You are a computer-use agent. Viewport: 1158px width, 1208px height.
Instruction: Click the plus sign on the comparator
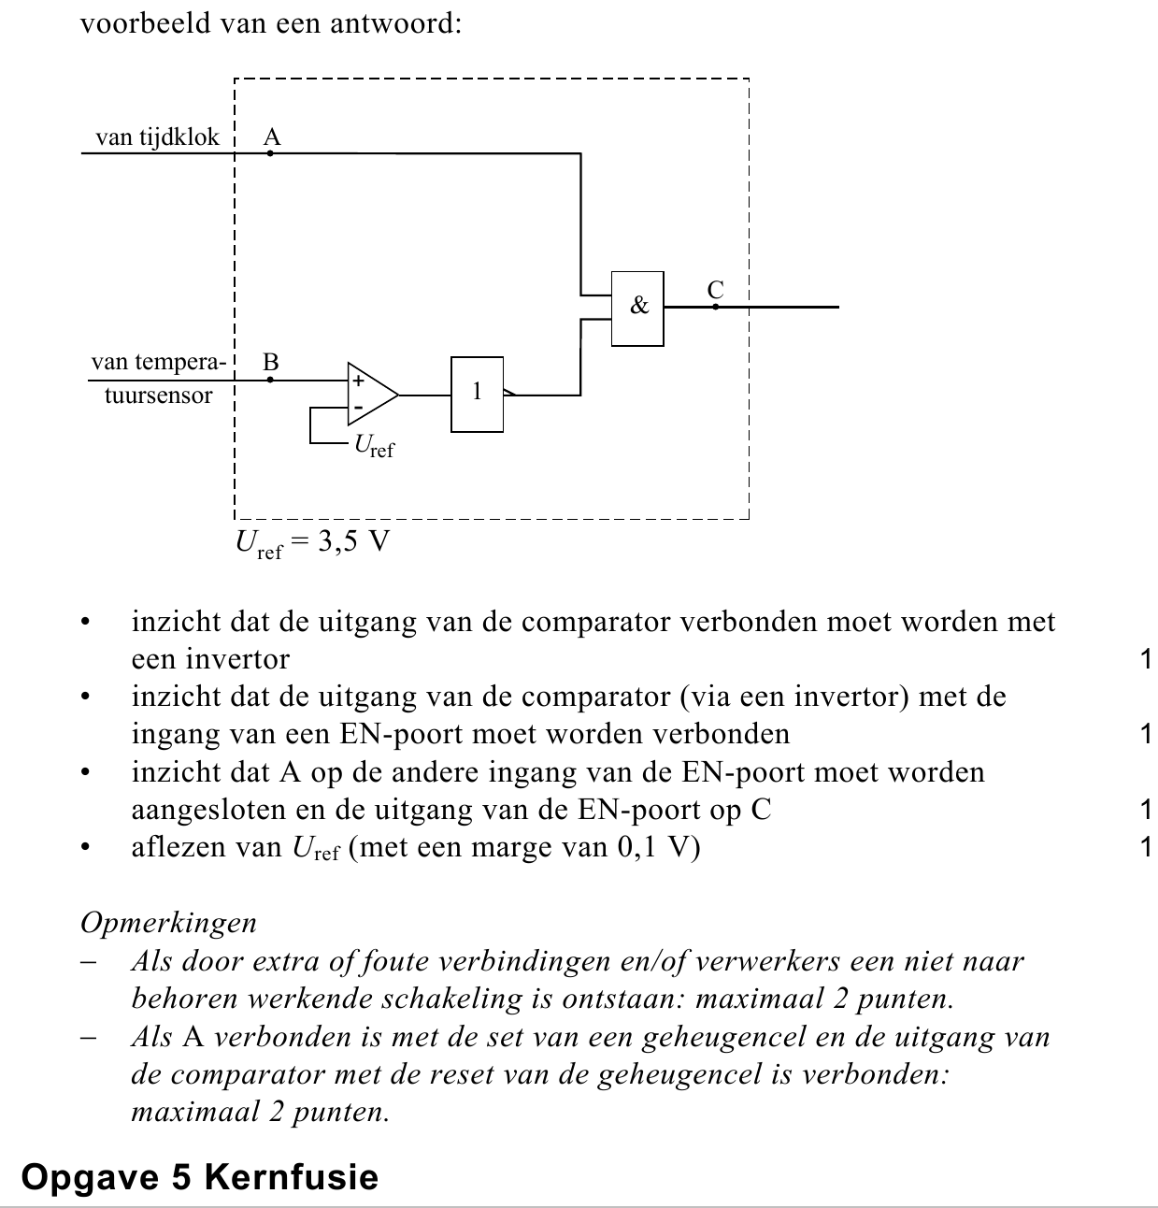tap(358, 381)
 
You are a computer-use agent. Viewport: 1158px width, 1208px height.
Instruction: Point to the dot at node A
tap(270, 152)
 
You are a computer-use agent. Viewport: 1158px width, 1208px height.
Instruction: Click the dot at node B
tap(270, 380)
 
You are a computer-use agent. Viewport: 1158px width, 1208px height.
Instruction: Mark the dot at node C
tap(716, 307)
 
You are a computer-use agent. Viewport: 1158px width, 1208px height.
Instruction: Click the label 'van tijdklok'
tap(158, 137)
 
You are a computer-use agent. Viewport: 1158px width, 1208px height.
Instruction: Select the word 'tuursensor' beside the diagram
tap(158, 395)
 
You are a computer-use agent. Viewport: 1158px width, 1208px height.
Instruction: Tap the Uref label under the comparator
tap(374, 446)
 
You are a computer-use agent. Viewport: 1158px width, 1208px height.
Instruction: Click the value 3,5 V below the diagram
tap(353, 541)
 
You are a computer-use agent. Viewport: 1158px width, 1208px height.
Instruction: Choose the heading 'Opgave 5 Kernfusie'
tap(200, 1176)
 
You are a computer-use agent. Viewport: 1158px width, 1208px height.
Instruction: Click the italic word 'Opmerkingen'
tap(169, 923)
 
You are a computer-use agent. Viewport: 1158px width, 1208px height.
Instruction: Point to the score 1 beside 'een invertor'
tap(1146, 659)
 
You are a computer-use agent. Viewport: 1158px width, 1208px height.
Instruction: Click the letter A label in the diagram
tap(272, 137)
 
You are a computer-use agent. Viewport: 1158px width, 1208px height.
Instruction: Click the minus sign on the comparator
tap(358, 408)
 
